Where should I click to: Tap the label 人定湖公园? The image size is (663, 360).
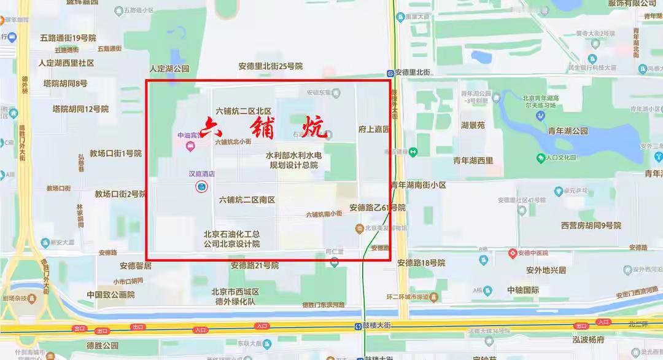169,69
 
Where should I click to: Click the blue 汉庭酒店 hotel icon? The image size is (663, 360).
201,187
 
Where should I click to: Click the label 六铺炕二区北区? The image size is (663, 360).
243,111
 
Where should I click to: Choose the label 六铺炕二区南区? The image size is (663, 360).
247,200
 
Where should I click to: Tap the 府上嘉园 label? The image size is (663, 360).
374,130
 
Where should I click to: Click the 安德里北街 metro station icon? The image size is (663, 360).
390,72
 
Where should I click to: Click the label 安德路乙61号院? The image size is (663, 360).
378,208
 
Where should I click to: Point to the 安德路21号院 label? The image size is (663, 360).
255,265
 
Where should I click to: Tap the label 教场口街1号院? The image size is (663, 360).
115,153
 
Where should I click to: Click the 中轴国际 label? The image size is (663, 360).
523,290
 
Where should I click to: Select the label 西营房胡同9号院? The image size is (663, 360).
591,225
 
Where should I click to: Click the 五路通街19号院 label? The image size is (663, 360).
68,38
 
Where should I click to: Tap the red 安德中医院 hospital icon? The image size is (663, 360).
513,253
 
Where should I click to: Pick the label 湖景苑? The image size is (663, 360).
473,125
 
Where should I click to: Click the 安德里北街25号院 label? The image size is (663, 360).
271,66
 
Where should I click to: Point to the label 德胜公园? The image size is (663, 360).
103,345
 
